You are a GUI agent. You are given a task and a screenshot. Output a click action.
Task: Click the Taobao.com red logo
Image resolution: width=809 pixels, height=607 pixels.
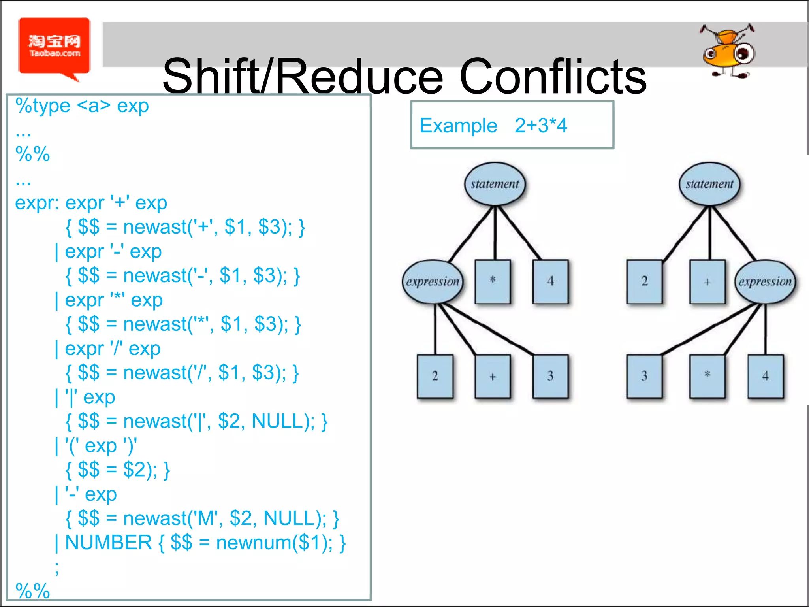coord(55,46)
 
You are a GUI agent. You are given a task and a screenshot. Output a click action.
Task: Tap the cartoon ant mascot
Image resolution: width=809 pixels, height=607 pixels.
coord(728,51)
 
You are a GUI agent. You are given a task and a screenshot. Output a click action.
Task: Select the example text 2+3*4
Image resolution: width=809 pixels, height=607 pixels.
coord(540,126)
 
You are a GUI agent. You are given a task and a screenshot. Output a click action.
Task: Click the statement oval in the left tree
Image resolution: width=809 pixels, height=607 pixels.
coord(495,184)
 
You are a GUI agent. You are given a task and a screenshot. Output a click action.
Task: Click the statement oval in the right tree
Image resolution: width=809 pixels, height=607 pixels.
coord(709,184)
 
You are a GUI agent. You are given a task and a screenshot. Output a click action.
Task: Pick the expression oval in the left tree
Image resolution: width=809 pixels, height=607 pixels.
coord(433,281)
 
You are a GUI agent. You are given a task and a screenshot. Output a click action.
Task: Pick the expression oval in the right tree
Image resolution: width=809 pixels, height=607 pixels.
coord(765,281)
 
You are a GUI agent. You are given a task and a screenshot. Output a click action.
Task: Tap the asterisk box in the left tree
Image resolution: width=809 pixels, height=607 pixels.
coord(493,281)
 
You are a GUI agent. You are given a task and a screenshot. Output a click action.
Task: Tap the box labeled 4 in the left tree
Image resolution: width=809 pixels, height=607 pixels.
coord(550,281)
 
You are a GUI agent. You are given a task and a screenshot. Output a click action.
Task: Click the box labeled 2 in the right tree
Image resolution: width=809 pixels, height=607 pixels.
coord(644,281)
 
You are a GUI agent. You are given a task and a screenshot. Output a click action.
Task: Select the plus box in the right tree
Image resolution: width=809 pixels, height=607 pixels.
coord(707,281)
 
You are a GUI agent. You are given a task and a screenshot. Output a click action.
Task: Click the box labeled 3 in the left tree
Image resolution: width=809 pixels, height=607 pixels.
coord(550,376)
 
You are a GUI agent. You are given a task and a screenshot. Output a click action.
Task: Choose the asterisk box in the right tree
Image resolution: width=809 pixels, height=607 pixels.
coord(707,376)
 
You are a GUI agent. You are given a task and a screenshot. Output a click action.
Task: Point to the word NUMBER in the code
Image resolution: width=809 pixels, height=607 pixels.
coord(109,543)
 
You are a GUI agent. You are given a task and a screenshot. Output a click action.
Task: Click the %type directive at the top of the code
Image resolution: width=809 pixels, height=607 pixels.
coord(43,106)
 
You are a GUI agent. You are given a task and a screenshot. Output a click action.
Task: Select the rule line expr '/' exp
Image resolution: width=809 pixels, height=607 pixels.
coord(113,349)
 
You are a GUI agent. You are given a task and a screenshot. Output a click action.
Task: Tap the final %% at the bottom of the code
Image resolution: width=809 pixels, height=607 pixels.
coord(32,590)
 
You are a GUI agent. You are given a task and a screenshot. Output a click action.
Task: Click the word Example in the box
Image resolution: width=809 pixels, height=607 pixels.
coord(458,126)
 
